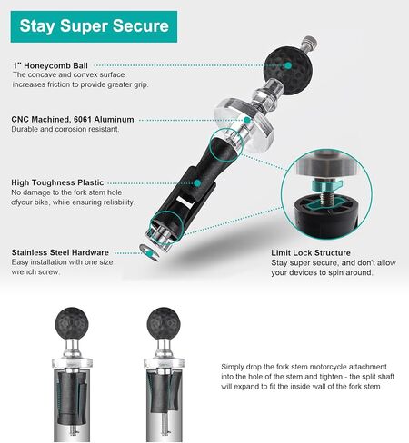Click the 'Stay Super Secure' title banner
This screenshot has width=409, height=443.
pos(94,26)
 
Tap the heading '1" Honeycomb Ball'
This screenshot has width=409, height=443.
pos(50,65)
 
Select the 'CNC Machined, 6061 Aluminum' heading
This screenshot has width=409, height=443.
pos(73,119)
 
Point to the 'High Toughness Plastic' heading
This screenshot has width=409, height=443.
pos(57,182)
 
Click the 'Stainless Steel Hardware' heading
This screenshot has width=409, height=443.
pos(60,252)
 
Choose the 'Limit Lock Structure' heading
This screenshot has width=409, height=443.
pos(311,252)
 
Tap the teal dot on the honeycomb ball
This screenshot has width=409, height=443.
pos(288,65)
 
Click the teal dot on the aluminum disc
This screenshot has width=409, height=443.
pos(247,120)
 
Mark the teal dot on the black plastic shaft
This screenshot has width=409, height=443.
pos(197,183)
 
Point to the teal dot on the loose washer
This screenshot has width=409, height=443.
pos(149,252)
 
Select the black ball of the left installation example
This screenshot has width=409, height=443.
pos(72,323)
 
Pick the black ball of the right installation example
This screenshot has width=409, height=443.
pos(164,323)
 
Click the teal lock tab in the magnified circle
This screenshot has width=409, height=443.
pos(326,184)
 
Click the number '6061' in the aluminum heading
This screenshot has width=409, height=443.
pos(83,119)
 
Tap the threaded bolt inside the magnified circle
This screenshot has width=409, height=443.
pos(327,197)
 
